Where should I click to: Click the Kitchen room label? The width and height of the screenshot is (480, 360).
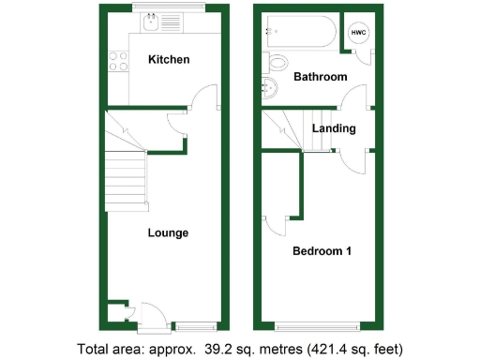pos(169,60)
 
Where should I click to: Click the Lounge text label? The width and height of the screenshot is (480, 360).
pos(168,232)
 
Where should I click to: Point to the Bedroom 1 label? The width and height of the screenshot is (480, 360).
pos(322,251)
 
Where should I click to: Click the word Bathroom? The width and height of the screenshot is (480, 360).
pos(321,77)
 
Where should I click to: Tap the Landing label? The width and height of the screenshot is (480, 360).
pos(334,128)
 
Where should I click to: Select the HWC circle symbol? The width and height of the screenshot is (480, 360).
pos(358,33)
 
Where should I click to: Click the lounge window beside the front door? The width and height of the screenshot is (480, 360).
pos(194,325)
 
